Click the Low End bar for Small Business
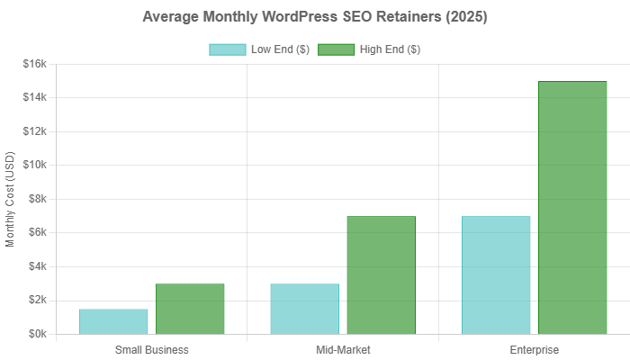(x=113, y=321)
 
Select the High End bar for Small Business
(x=190, y=309)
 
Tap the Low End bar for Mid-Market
(x=304, y=309)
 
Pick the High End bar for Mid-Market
(x=381, y=274)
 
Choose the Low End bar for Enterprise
(x=496, y=274)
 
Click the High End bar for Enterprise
(x=572, y=207)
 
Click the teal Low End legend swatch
(x=226, y=49)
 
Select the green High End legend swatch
(x=336, y=49)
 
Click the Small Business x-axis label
(x=152, y=349)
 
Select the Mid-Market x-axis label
(x=343, y=349)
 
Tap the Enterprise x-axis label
(x=535, y=349)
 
